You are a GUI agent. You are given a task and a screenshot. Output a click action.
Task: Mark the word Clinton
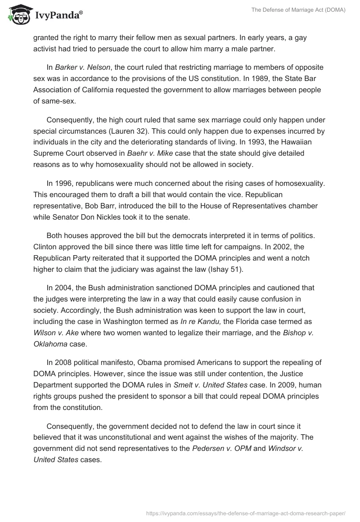pyautogui.click(x=46, y=247)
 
